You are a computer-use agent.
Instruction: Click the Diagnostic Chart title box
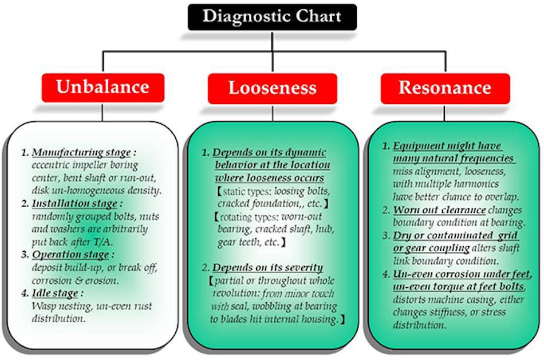pos(272,17)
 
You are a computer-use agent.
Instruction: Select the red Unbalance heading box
pos(102,88)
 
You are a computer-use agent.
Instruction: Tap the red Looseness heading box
pos(272,88)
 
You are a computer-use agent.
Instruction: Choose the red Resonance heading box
pos(444,88)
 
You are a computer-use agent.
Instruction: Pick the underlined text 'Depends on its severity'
pos(268,268)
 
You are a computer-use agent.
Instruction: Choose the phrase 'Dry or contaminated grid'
pos(456,236)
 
